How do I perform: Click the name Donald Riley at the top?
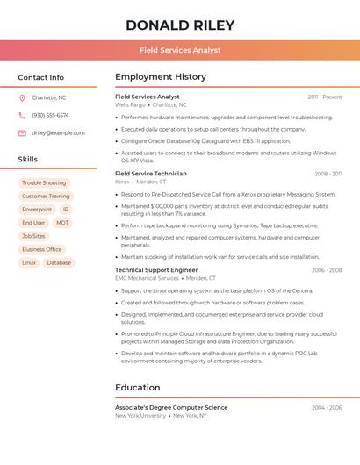tap(179, 25)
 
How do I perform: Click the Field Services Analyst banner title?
tap(179, 50)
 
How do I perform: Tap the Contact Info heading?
tap(40, 77)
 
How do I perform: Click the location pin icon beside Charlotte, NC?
tap(22, 97)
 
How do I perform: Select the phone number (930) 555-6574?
tap(50, 115)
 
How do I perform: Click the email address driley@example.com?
tap(58, 132)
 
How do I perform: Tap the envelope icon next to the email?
tap(22, 132)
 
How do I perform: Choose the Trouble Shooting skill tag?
tap(44, 182)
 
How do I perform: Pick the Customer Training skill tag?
tap(46, 197)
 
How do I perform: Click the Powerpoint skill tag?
tap(37, 210)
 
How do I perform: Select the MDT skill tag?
tap(62, 223)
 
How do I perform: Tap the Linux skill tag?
tap(29, 262)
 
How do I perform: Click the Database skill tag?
tap(59, 262)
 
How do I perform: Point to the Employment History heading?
tap(161, 77)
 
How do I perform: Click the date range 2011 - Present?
tap(325, 97)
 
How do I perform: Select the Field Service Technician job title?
tap(151, 174)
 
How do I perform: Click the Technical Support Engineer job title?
tap(156, 270)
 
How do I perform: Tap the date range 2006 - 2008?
tap(327, 270)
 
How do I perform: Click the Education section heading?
tap(138, 387)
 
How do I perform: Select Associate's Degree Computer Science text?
tap(171, 407)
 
